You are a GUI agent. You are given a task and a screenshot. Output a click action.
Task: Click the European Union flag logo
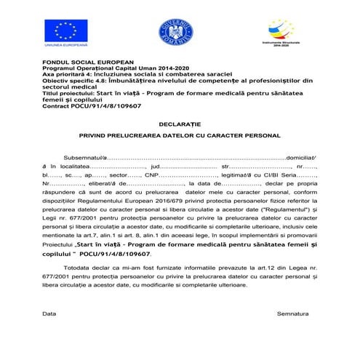coord(66,31)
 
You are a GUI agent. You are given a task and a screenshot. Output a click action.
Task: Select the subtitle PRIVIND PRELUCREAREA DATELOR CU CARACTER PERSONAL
coord(180,136)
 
